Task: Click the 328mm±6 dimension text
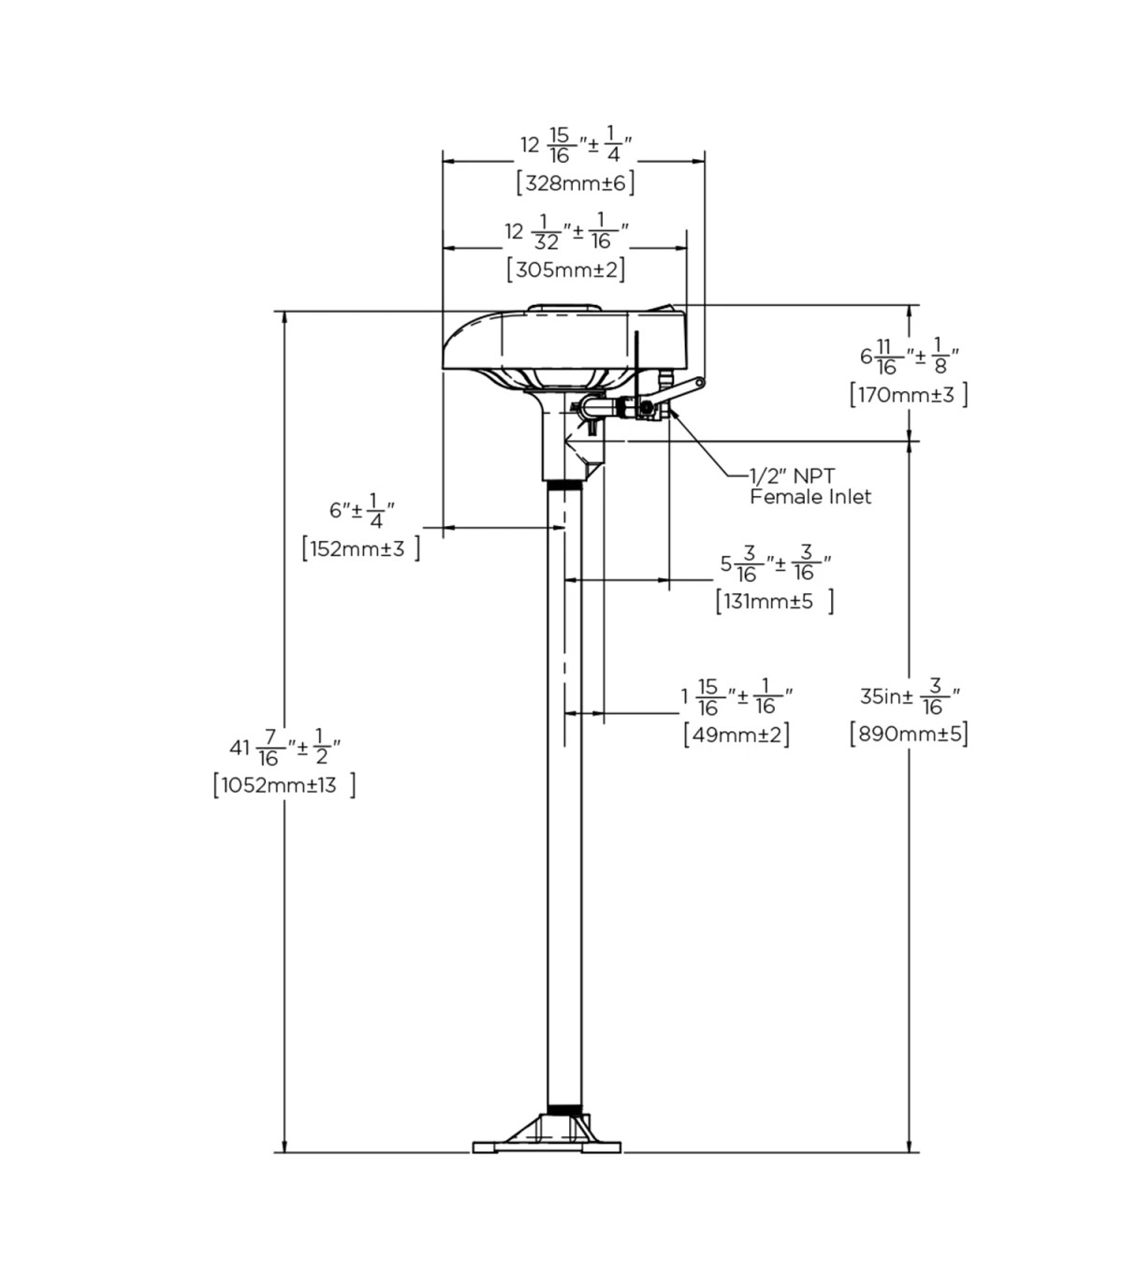[x=576, y=183]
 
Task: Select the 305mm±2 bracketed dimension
[x=566, y=270]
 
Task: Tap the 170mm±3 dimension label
[x=909, y=395]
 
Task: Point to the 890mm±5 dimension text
[x=909, y=734]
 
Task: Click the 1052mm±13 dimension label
[x=284, y=785]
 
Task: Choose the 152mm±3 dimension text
[x=360, y=548]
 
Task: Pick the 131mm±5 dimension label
[x=775, y=601]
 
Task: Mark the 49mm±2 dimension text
[x=736, y=735]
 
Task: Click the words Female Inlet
[x=810, y=497]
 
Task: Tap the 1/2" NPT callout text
[x=793, y=476]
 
